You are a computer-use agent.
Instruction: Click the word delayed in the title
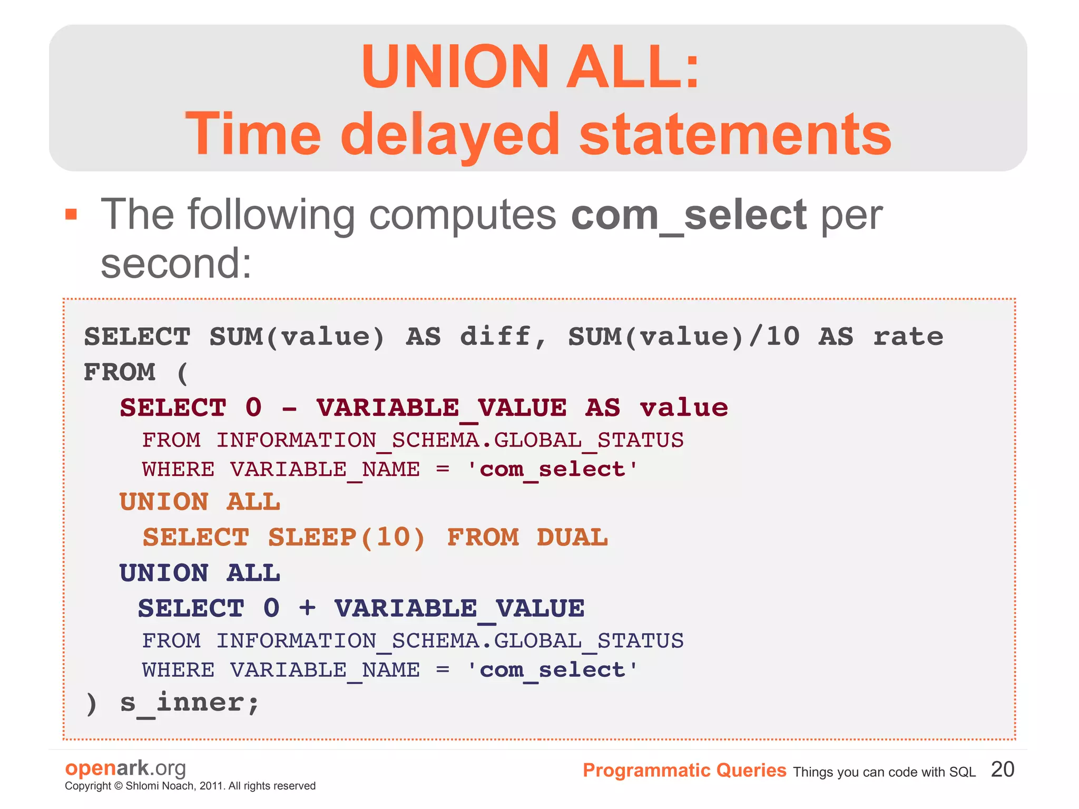click(x=449, y=134)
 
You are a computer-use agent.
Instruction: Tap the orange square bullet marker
click(x=71, y=215)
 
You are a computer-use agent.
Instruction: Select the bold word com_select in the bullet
click(x=688, y=216)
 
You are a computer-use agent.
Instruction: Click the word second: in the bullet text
click(x=176, y=264)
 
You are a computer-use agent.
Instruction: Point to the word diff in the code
click(x=495, y=336)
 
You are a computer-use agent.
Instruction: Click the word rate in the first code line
click(x=908, y=336)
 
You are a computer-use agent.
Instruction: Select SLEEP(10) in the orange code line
click(x=346, y=538)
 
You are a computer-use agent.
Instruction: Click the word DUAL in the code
click(x=572, y=538)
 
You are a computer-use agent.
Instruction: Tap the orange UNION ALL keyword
click(x=200, y=502)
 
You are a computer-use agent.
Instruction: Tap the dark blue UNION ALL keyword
click(x=200, y=573)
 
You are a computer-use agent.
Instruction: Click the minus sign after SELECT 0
click(x=289, y=408)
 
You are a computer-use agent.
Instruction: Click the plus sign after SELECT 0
click(x=307, y=608)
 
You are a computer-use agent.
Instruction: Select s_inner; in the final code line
click(x=190, y=703)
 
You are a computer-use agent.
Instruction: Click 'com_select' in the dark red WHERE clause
click(x=552, y=469)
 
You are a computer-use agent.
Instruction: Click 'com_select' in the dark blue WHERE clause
click(x=552, y=670)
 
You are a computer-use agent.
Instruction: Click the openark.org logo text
click(x=125, y=768)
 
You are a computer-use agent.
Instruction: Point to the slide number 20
click(x=1002, y=769)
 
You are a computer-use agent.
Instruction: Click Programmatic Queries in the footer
click(x=684, y=771)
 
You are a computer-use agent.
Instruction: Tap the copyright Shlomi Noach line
click(x=190, y=786)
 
